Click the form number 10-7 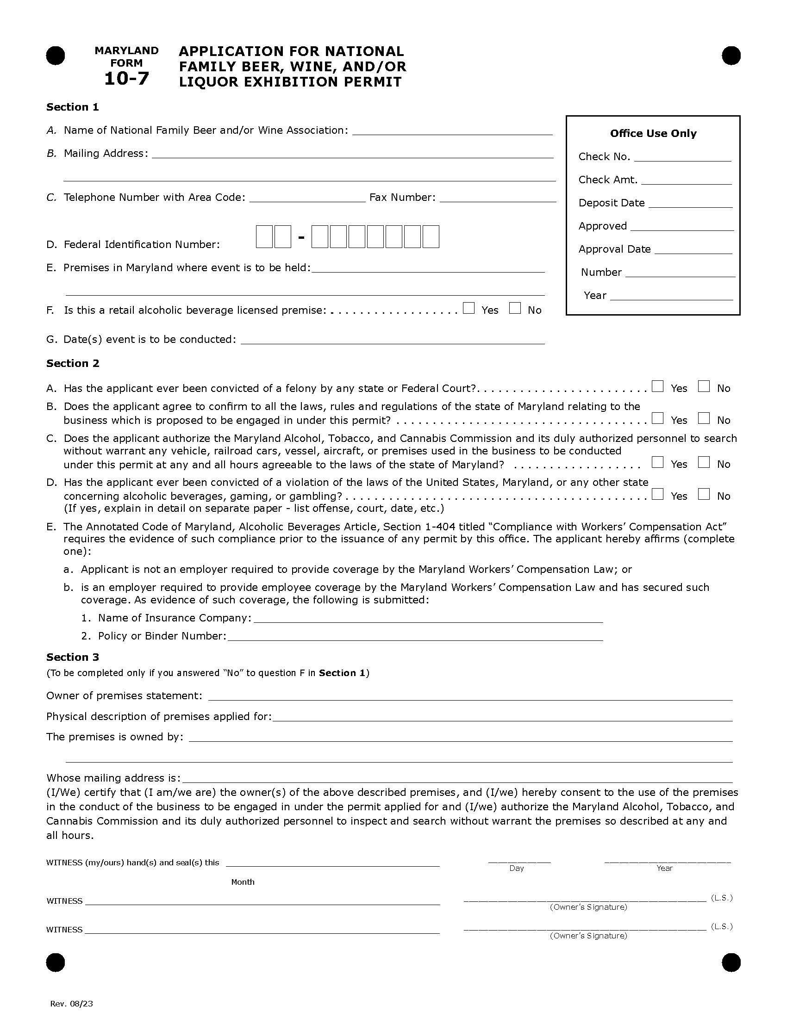point(126,78)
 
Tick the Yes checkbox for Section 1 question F point(469,308)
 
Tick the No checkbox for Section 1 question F point(515,308)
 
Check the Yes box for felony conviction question point(657,386)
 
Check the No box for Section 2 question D point(704,494)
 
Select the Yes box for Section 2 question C point(657,462)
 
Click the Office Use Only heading point(653,133)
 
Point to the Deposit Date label point(611,203)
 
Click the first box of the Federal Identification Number point(264,236)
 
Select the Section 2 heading point(73,363)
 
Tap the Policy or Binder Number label point(162,636)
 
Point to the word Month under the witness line point(243,881)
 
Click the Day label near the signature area point(517,868)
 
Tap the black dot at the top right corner point(731,56)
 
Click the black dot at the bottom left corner point(56,962)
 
